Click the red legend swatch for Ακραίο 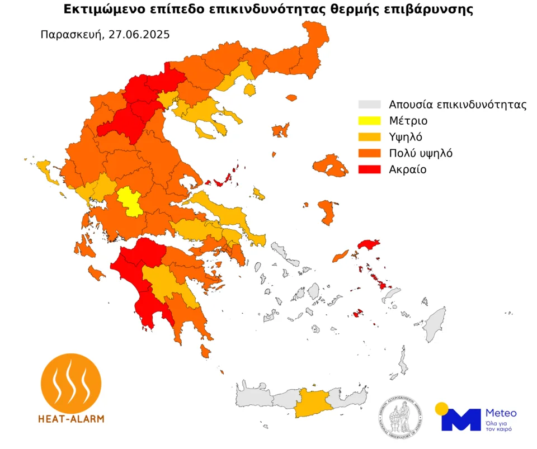(369, 169)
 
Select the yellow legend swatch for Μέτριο (369, 121)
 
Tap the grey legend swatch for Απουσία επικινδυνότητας (369, 105)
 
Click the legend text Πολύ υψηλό (420, 153)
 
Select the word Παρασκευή (72, 34)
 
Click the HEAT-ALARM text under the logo (71, 418)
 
